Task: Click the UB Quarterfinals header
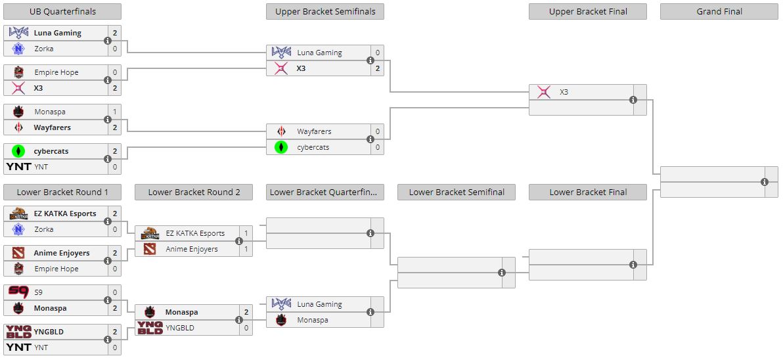click(62, 11)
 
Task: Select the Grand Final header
click(719, 11)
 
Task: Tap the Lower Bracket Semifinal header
click(457, 192)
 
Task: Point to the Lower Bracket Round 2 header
click(194, 192)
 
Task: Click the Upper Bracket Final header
click(588, 11)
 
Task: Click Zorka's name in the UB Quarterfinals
click(44, 49)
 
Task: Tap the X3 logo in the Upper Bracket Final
click(544, 92)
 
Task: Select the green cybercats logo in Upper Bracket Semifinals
click(281, 147)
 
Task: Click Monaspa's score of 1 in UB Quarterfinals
click(115, 112)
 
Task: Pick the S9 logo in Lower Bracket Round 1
click(18, 292)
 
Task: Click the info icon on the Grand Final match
click(765, 182)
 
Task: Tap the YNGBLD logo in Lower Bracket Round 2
click(150, 328)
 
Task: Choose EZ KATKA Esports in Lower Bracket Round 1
click(65, 214)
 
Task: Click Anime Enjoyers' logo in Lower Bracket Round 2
click(150, 249)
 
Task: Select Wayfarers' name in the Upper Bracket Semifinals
click(314, 131)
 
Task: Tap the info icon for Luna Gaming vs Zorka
click(108, 41)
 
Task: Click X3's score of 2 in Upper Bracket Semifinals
click(378, 68)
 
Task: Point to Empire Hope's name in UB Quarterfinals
click(56, 72)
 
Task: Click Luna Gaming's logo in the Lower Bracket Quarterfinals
click(281, 304)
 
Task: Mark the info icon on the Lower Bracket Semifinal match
click(502, 273)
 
